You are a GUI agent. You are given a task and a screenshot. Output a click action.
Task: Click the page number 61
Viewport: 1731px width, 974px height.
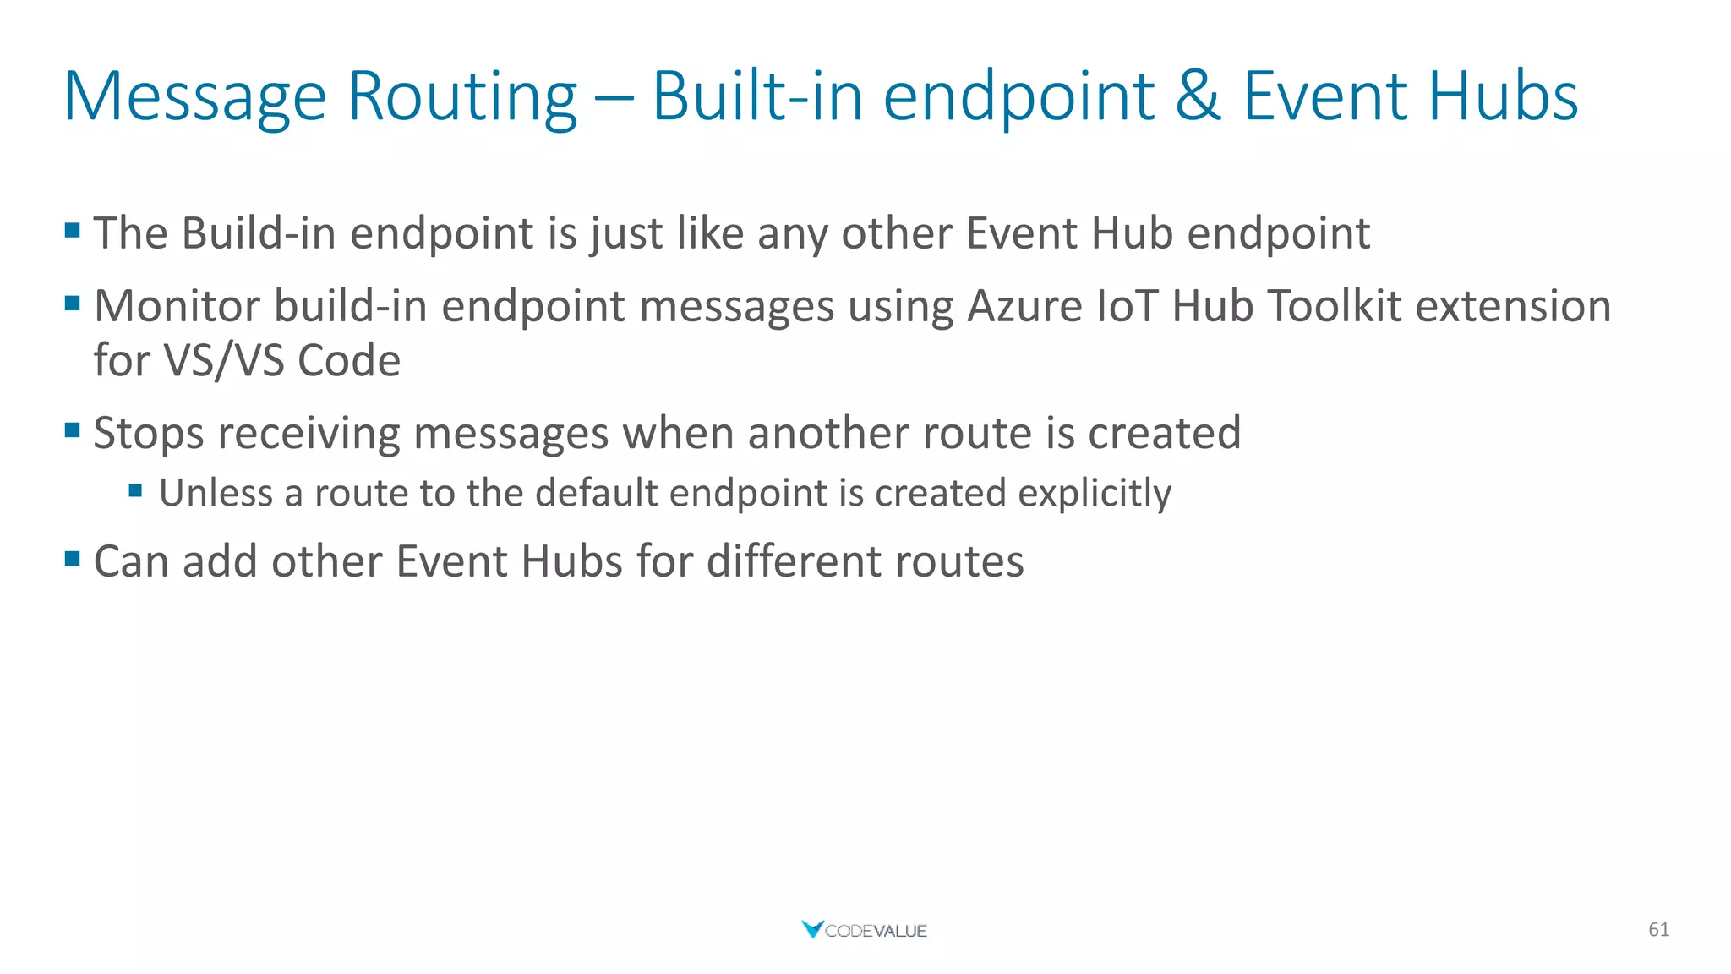pyautogui.click(x=1658, y=930)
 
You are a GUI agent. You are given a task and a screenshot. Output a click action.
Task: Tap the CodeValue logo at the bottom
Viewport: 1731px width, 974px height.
pyautogui.click(x=864, y=930)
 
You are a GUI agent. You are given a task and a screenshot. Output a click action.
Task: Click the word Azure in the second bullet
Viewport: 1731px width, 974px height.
pyautogui.click(x=1024, y=306)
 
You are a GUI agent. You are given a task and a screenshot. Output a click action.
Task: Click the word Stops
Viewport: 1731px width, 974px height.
pyautogui.click(x=148, y=434)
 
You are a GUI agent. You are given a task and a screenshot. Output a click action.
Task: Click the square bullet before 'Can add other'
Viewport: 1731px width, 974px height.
pyautogui.click(x=73, y=558)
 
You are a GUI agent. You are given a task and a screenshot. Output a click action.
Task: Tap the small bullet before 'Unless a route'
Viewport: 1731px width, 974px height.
pyautogui.click(x=135, y=490)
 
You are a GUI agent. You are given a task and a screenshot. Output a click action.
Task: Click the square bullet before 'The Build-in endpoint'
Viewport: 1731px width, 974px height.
pyautogui.click(x=73, y=230)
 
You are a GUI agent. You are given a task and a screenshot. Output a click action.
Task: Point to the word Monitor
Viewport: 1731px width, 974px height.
pyautogui.click(x=177, y=306)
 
